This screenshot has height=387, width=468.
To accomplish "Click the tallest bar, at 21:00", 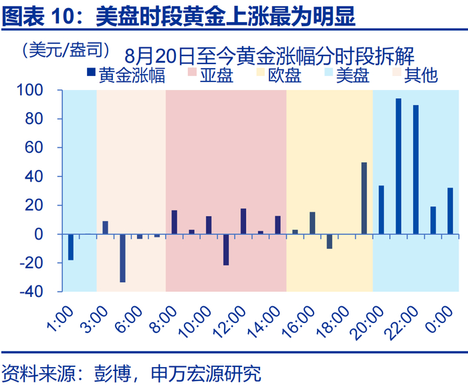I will click(x=398, y=166).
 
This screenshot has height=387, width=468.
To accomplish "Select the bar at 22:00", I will click(x=416, y=169).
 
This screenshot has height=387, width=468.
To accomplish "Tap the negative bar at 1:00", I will click(x=71, y=247).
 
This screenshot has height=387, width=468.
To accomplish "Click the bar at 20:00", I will click(x=381, y=210).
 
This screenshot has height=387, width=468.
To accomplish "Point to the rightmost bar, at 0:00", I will click(x=450, y=211).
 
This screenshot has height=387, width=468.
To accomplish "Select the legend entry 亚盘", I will click(x=210, y=75).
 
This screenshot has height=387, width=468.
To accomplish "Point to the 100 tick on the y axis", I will click(x=44, y=89).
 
